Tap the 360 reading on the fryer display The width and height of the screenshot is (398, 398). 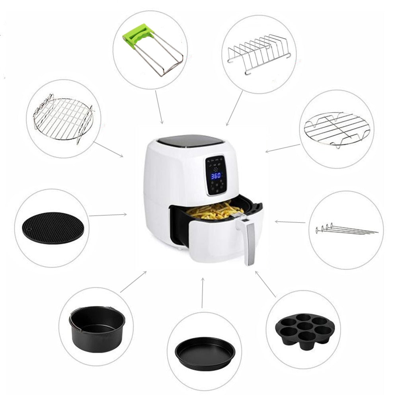(x=216, y=176)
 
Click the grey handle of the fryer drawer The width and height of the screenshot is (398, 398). (x=250, y=243)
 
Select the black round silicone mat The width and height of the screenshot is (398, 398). (x=53, y=228)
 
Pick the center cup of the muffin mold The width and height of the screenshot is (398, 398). (x=305, y=326)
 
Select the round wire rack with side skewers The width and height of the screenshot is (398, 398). (x=63, y=119)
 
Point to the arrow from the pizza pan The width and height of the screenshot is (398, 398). (x=202, y=293)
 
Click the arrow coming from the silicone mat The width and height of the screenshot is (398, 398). (x=107, y=215)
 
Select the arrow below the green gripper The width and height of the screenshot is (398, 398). (x=159, y=107)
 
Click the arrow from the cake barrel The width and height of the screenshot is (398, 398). (x=133, y=282)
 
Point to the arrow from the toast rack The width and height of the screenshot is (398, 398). (x=234, y=108)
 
